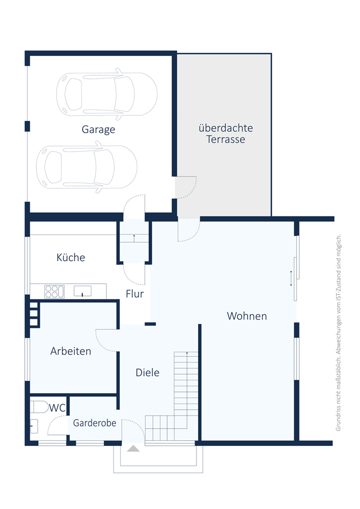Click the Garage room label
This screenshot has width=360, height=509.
[98, 129]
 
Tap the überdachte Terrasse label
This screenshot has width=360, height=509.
[226, 133]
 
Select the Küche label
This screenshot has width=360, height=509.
[71, 258]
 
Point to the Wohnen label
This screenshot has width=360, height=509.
[247, 316]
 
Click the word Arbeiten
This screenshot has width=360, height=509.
[71, 351]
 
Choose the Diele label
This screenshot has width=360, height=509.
[147, 373]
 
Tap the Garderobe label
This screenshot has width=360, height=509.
[95, 422]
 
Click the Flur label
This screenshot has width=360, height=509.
[135, 294]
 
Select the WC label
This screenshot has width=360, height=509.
[57, 408]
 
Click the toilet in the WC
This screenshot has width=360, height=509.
[39, 407]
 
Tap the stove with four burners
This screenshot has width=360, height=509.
[54, 292]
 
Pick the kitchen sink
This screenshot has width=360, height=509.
[82, 291]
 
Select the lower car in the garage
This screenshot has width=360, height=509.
[87, 167]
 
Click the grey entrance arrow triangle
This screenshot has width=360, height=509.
[133, 448]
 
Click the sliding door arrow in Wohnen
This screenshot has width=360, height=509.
[291, 278]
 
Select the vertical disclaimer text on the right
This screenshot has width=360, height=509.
[338, 332]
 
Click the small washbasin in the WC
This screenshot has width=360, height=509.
[34, 426]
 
